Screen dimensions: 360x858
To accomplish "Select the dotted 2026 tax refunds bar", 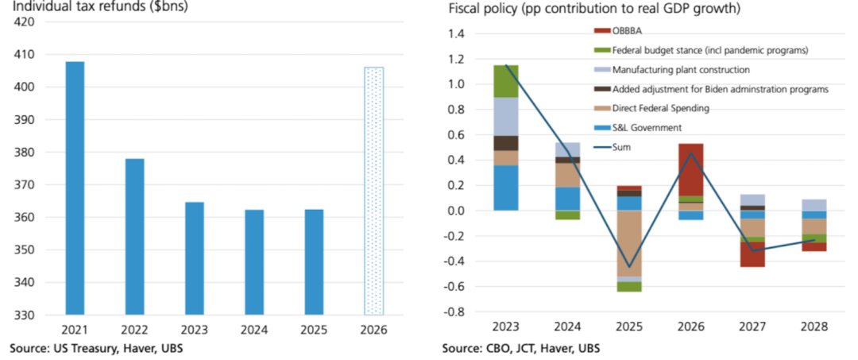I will click(373, 191).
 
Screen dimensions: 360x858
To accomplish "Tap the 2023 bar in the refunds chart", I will click(195, 258).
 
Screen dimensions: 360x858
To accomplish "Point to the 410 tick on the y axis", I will click(24, 54).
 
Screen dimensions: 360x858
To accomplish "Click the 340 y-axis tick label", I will click(24, 282).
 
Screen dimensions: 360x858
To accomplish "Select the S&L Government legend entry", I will click(647, 127).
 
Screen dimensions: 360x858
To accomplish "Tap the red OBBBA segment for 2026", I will click(690, 169).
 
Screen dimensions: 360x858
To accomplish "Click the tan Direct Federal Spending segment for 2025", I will click(629, 243).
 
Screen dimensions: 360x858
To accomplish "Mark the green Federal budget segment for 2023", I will click(507, 81).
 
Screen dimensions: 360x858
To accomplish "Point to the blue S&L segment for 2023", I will click(507, 188).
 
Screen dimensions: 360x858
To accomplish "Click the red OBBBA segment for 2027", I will click(752, 254).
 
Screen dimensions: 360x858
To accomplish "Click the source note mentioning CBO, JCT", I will click(520, 349).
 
